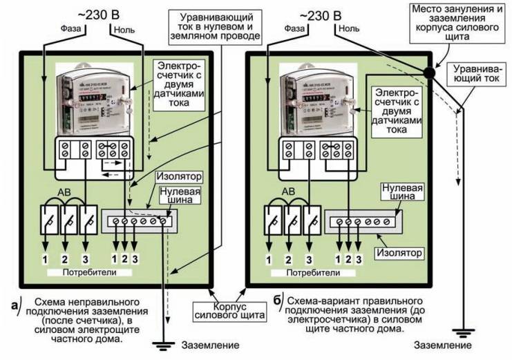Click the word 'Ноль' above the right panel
350,29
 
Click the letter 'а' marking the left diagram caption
15,305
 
